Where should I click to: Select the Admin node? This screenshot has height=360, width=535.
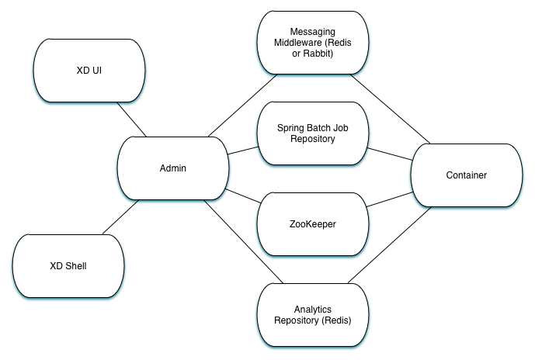(x=172, y=168)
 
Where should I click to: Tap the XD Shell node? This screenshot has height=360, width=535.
(x=69, y=265)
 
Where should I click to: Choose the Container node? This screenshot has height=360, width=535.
(x=466, y=175)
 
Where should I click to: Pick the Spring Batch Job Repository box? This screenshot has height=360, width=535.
(x=311, y=133)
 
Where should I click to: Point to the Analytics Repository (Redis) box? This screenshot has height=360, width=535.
(x=311, y=314)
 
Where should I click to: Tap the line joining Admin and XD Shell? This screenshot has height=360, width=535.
(x=120, y=217)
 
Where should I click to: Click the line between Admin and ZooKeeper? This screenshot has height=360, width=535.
(x=242, y=197)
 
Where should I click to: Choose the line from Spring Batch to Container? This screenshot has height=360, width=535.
(x=389, y=153)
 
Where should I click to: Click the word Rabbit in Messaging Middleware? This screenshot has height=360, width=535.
(x=318, y=53)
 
